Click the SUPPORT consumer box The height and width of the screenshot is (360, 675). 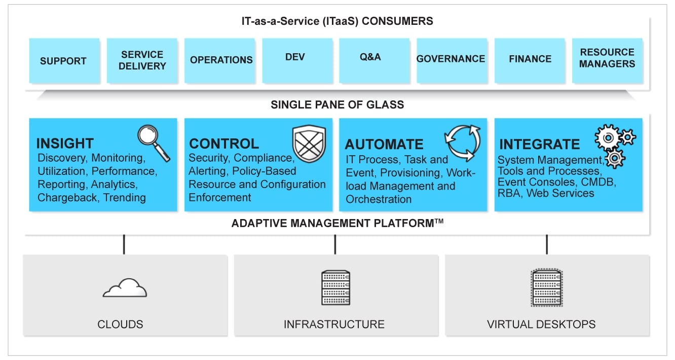(63, 61)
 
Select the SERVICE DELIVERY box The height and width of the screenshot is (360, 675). (142, 60)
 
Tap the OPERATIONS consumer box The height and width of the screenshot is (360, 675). (221, 60)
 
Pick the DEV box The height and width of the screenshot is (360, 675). (295, 58)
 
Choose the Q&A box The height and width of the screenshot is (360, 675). (370, 58)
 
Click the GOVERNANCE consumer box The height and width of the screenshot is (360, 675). (451, 59)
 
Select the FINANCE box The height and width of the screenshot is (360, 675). (530, 59)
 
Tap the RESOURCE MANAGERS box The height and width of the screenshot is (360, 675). (607, 58)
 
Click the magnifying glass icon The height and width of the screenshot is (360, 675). (154, 143)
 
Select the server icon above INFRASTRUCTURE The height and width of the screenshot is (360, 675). (335, 287)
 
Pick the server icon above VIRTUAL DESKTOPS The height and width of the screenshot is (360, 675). (546, 287)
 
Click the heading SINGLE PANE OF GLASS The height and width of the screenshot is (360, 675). (337, 105)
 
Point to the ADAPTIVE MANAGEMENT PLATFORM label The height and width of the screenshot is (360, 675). (337, 223)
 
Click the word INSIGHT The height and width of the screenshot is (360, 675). (65, 143)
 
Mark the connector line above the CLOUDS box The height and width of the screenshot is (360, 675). (124, 244)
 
